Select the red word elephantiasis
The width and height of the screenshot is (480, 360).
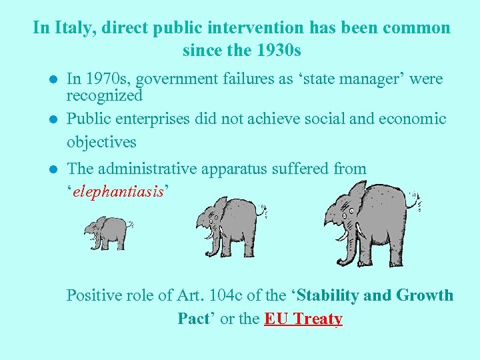pyautogui.click(x=119, y=192)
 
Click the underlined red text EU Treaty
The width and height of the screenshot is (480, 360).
pyautogui.click(x=303, y=319)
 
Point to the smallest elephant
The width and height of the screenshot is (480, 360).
pyautogui.click(x=107, y=232)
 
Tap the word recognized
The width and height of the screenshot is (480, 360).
pyautogui.click(x=105, y=95)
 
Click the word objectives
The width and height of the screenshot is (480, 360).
pyautogui.click(x=101, y=142)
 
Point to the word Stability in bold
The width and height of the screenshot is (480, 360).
pyautogui.click(x=333, y=295)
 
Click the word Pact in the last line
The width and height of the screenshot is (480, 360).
pyautogui.click(x=193, y=319)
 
